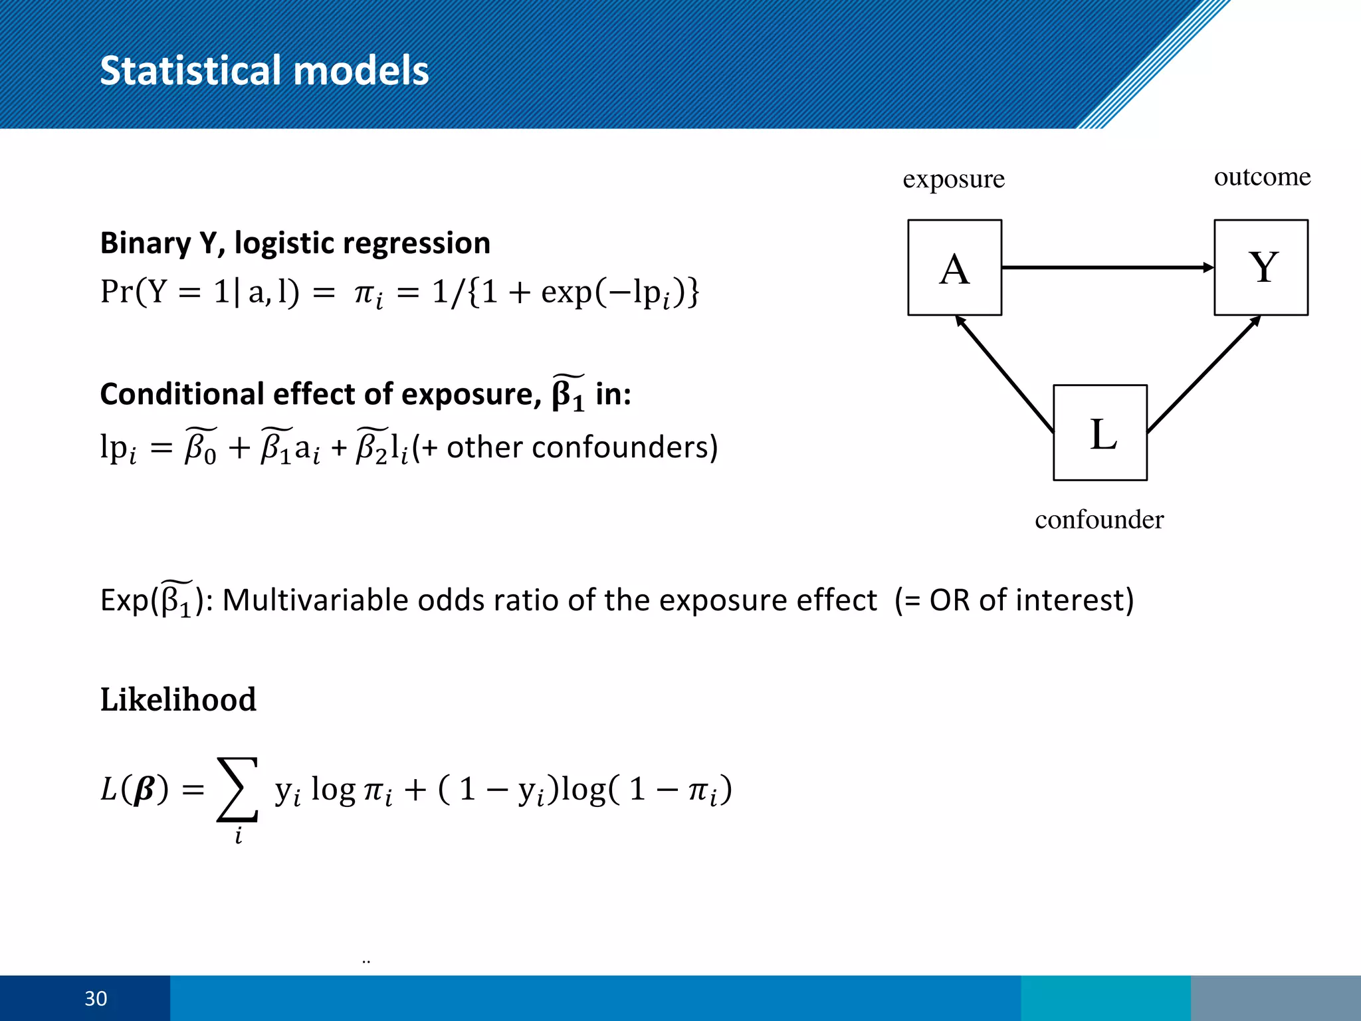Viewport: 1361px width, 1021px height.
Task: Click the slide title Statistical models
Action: [x=264, y=70]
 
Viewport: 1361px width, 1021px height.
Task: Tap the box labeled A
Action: [x=954, y=267]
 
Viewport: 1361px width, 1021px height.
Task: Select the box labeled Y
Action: [x=1261, y=267]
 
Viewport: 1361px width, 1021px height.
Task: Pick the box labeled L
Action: [x=1100, y=433]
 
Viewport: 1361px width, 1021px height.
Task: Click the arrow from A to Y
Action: [x=1107, y=267]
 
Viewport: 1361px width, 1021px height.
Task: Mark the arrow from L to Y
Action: [x=1203, y=374]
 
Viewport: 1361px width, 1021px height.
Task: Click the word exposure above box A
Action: [x=953, y=179]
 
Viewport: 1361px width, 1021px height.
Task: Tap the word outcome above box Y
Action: [x=1262, y=177]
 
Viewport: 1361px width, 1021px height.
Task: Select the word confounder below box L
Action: [x=1099, y=519]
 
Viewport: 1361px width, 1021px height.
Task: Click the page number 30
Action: [x=96, y=998]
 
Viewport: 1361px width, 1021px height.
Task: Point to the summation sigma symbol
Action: [x=237, y=790]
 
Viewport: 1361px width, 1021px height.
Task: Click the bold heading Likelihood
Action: [x=178, y=699]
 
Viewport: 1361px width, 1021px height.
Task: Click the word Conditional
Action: [x=181, y=394]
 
